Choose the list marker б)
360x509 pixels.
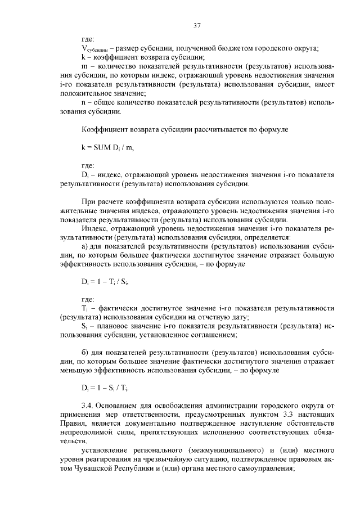click(85, 353)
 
